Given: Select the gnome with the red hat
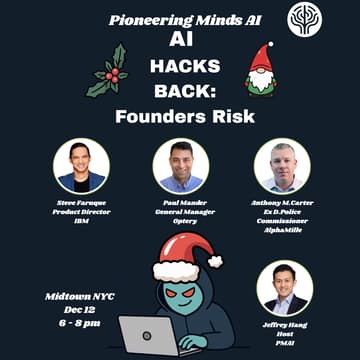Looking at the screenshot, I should (260, 70).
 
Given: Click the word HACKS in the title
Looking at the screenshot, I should (180, 68).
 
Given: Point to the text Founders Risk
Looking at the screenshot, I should (180, 117).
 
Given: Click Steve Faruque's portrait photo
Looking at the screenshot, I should (81, 166).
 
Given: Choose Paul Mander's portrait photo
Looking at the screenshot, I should (181, 166).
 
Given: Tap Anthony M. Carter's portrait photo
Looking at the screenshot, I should (282, 166).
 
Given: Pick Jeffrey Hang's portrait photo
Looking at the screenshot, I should (284, 288).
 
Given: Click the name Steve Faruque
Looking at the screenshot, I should (81, 202).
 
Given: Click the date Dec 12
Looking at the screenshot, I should (76, 310).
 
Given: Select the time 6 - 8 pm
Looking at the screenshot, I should (76, 323).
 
